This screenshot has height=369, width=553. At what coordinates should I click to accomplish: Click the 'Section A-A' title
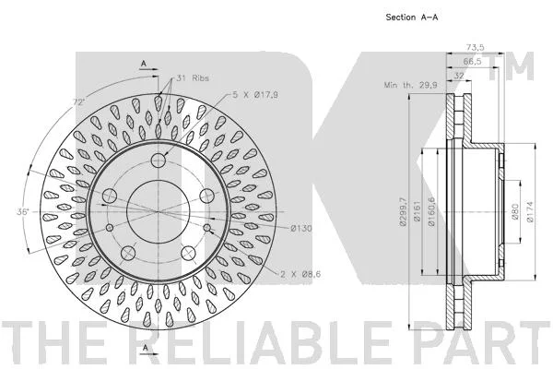[412, 17]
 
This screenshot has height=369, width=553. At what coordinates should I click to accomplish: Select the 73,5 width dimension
[475, 47]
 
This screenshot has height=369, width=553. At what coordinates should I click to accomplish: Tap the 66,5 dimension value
[472, 61]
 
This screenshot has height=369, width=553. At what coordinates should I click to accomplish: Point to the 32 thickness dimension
[458, 76]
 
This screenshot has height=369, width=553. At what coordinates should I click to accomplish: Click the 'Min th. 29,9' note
[410, 85]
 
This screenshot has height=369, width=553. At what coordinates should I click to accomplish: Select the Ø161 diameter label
[418, 211]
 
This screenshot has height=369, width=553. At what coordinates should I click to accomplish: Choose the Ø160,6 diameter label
[431, 211]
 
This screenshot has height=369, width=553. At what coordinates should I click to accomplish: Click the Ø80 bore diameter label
[515, 212]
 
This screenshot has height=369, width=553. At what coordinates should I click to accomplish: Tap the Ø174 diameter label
[530, 212]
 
